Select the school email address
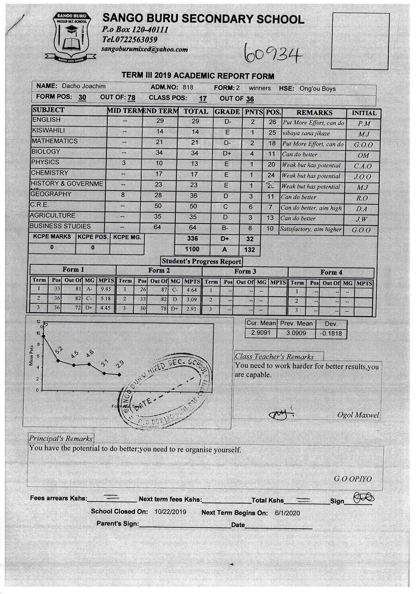click(145, 49)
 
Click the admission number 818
click(188, 87)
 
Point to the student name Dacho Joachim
click(84, 86)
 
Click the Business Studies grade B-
click(225, 228)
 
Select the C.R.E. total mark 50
click(193, 206)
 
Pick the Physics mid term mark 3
click(124, 163)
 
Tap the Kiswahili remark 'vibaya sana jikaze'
click(306, 134)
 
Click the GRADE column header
click(227, 112)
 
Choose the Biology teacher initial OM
click(363, 155)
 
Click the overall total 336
click(193, 238)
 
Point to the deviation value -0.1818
click(331, 333)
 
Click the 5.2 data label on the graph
click(59, 350)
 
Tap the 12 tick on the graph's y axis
click(39, 322)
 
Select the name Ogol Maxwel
click(358, 415)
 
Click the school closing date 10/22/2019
click(170, 512)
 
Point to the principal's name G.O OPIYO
click(353, 479)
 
